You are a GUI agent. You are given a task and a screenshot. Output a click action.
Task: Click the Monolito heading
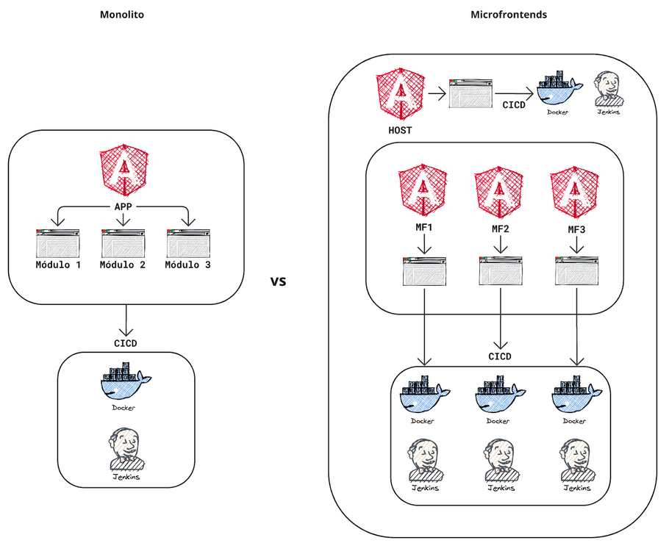(x=121, y=15)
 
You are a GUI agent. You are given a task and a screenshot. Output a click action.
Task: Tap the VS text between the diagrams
(x=279, y=282)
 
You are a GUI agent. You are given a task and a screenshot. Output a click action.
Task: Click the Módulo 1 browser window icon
(x=57, y=242)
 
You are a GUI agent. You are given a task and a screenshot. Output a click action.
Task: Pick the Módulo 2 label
(x=123, y=265)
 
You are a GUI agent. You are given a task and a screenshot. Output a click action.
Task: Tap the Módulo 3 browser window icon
(x=187, y=242)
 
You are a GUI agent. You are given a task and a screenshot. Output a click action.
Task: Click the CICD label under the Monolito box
(x=126, y=343)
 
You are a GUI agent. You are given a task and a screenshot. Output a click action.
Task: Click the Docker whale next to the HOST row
(x=558, y=90)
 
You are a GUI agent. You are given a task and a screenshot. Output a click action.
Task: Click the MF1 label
(x=423, y=229)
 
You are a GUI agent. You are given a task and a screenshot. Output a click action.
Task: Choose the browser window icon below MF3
(x=576, y=270)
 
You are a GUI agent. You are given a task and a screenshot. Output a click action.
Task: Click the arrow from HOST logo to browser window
(x=437, y=93)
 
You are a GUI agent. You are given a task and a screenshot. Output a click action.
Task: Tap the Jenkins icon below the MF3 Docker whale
(x=576, y=460)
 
